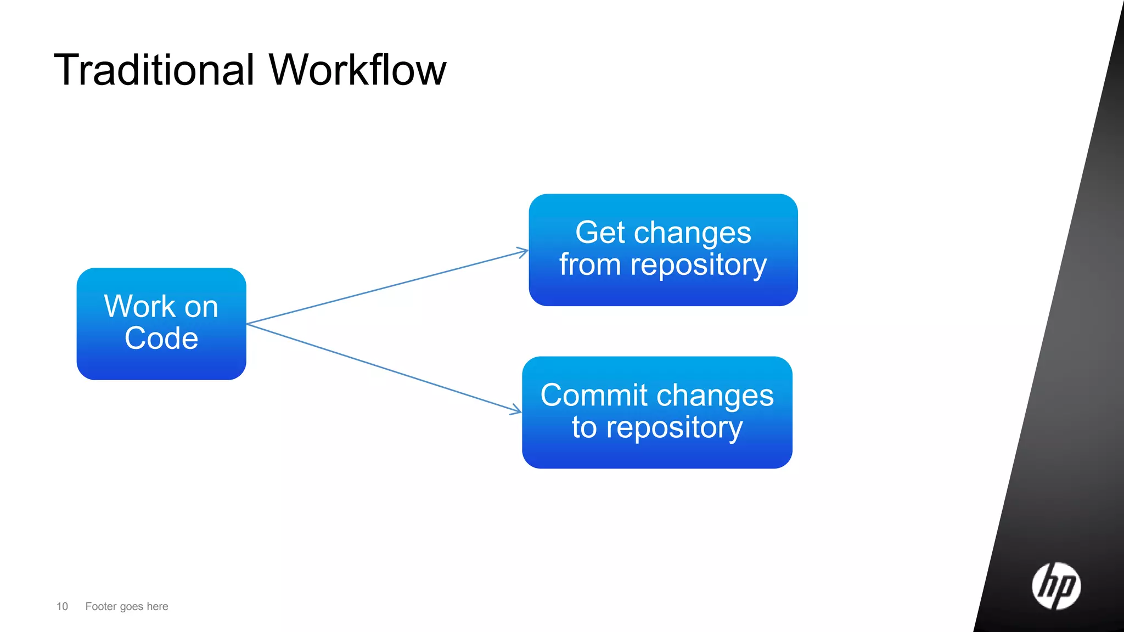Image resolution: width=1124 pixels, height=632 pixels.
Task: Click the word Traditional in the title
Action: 154,70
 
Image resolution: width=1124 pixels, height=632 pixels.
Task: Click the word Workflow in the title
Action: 357,70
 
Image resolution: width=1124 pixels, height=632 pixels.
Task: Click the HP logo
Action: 1056,586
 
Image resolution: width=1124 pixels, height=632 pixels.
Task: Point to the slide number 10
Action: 62,606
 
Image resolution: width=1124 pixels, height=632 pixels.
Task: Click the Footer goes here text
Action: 127,606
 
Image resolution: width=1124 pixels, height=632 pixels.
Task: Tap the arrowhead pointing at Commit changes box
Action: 516,410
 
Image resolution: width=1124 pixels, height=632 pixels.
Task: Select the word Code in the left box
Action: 161,338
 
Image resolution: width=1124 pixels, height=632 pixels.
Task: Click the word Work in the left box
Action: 139,306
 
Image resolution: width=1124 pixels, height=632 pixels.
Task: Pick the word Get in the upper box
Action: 600,233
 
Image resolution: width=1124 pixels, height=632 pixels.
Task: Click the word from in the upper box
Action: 590,264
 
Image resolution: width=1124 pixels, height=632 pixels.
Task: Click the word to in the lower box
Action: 584,427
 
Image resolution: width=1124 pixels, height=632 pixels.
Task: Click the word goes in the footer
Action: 132,607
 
